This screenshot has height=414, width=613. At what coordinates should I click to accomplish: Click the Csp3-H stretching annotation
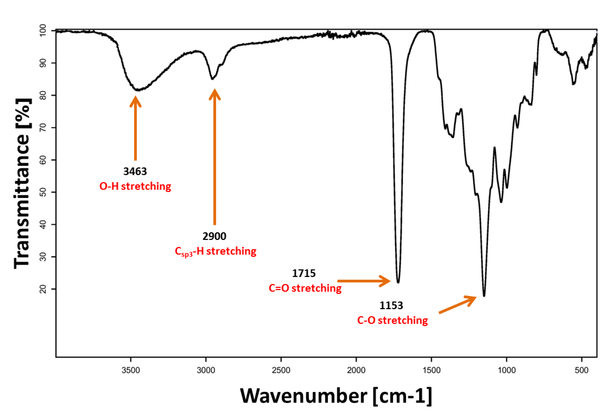(215, 251)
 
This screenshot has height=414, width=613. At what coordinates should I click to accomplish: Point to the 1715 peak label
(304, 274)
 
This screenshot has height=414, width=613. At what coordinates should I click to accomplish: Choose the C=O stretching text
(305, 288)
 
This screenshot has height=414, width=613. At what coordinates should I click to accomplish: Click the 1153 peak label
(391, 305)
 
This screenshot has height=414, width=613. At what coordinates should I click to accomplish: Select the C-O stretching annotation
(392, 320)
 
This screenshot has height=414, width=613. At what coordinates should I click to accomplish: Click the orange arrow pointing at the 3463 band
(136, 129)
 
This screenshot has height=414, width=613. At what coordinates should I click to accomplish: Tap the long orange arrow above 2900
(215, 158)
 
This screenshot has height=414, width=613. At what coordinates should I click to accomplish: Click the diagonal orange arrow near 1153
(458, 305)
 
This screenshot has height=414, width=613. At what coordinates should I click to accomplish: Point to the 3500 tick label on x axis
(131, 370)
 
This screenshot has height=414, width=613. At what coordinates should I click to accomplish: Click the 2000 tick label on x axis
(356, 370)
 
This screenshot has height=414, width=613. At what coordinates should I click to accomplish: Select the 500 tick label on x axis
(582, 370)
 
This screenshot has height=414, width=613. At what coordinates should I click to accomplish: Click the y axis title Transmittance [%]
(22, 183)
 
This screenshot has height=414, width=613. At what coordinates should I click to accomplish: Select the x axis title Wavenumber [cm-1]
(336, 396)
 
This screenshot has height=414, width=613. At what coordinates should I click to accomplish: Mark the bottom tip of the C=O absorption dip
(398, 283)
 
